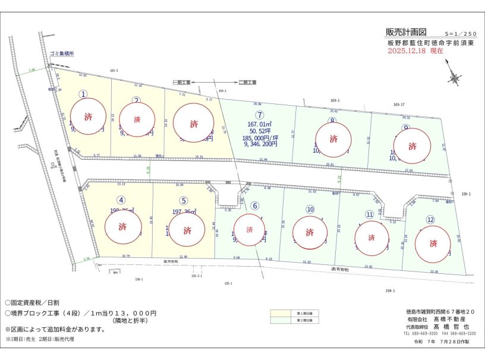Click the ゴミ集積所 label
tap(62, 53)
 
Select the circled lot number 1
tap(84, 94)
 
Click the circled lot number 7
tap(259, 115)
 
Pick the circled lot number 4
tap(121, 200)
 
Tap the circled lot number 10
tap(310, 209)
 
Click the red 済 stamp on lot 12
tap(433, 243)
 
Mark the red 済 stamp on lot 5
tap(187, 230)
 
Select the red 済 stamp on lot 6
tap(249, 229)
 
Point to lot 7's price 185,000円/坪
tap(260, 137)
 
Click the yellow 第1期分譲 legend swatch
tap(286, 312)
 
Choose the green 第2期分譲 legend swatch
tap(286, 320)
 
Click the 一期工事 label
tap(181, 82)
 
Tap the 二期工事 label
tap(247, 82)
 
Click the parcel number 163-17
tap(399, 105)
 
